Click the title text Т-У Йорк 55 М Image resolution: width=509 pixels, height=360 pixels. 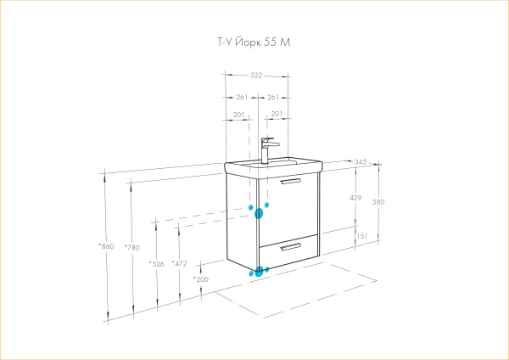pos(254,42)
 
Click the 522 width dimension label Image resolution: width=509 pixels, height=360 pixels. pos(256,76)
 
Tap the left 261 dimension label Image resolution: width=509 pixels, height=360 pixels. pos(242,97)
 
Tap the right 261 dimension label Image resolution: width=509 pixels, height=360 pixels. pos(273,97)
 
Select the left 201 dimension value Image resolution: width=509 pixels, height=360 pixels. pos(238,115)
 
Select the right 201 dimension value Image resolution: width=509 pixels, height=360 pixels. pos(277,114)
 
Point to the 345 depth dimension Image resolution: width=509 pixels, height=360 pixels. pos(361,161)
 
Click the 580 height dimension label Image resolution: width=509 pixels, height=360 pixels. pos(378,202)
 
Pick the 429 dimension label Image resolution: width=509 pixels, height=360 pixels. pos(355,198)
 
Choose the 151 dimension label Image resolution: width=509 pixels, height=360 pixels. pos(362,236)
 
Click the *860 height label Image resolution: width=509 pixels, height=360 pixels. pos(106,246)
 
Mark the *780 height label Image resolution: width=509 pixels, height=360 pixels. pos(131,248)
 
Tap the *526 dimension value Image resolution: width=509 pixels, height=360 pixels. pos(156,264)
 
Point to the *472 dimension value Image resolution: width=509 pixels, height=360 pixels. pos(179,263)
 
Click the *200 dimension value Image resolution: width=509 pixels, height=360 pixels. pos(201,279)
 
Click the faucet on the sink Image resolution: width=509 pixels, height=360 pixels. pos(267,150)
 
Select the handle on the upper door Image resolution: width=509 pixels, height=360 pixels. pos(291,181)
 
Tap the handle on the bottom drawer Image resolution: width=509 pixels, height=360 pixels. pos(291,247)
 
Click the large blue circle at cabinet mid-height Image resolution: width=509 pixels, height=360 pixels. pos(259,213)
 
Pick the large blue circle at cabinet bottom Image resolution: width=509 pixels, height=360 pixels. pos(259,272)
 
